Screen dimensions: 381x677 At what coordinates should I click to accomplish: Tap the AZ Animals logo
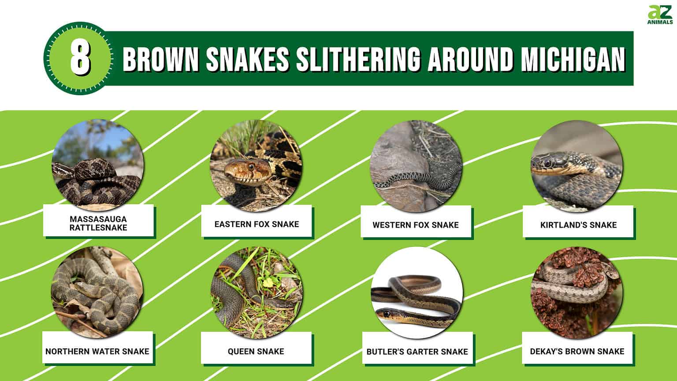pyautogui.click(x=660, y=15)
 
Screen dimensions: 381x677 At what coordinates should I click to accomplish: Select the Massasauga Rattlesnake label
pyautogui.click(x=98, y=223)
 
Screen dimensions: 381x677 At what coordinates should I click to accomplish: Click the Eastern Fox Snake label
pyautogui.click(x=257, y=224)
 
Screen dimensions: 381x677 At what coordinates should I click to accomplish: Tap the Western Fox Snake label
pyautogui.click(x=416, y=225)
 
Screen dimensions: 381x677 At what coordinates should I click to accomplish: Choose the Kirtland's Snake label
pyautogui.click(x=578, y=225)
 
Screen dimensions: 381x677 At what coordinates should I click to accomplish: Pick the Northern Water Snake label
pyautogui.click(x=97, y=351)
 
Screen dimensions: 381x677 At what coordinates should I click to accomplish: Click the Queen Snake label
pyautogui.click(x=256, y=351)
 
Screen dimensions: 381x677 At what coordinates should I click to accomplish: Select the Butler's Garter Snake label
pyautogui.click(x=417, y=352)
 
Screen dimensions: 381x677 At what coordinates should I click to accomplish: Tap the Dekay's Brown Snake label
pyautogui.click(x=577, y=351)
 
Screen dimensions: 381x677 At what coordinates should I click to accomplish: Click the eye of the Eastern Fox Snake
pyautogui.click(x=251, y=167)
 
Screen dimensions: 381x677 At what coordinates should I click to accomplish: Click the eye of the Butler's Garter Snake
pyautogui.click(x=387, y=314)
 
